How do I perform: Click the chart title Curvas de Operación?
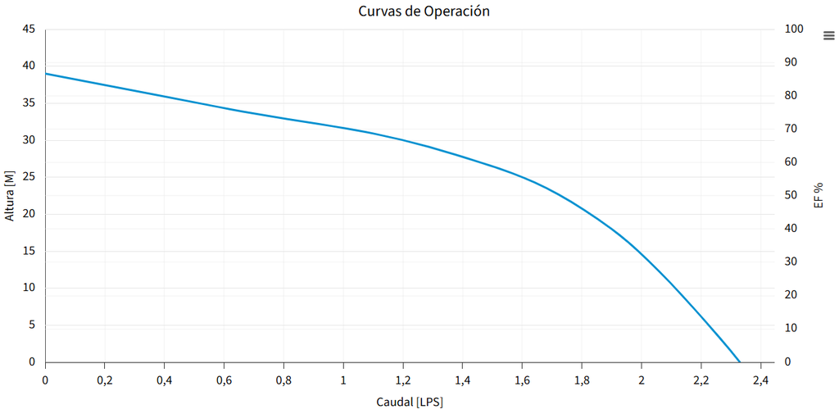pyautogui.click(x=424, y=11)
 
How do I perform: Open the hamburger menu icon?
pyautogui.click(x=828, y=35)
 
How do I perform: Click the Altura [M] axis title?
pyautogui.click(x=10, y=195)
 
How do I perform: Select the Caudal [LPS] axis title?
pyautogui.click(x=410, y=402)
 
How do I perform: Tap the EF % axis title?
pyautogui.click(x=819, y=195)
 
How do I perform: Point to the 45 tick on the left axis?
pyautogui.click(x=29, y=29)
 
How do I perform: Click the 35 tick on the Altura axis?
pyautogui.click(x=29, y=103)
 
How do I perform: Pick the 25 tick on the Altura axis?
pyautogui.click(x=29, y=177)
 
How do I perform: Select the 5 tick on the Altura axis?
pyautogui.click(x=32, y=325)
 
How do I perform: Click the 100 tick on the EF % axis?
pyautogui.click(x=794, y=29)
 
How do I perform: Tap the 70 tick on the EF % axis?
pyautogui.click(x=791, y=129)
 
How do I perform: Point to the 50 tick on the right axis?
pyautogui.click(x=791, y=195)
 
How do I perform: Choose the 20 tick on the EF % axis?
pyautogui.click(x=791, y=294)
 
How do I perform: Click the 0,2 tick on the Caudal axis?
pyautogui.click(x=104, y=380)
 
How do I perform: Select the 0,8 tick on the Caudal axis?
pyautogui.click(x=283, y=380)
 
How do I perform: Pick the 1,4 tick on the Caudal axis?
pyautogui.click(x=462, y=380)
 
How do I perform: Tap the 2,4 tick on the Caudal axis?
pyautogui.click(x=760, y=380)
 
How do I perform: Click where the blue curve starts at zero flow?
pyautogui.click(x=46, y=74)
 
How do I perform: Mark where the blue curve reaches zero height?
pyautogui.click(x=740, y=362)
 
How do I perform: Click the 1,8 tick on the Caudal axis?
pyautogui.click(x=582, y=380)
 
